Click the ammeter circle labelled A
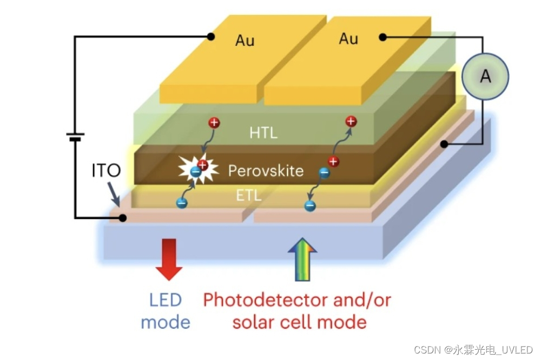[485, 77]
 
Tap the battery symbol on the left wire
[75, 137]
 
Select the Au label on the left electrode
[245, 41]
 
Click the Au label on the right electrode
[348, 38]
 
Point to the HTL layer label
[263, 132]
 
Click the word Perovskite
[266, 171]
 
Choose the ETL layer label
[248, 195]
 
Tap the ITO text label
[105, 171]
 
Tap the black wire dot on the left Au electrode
[211, 37]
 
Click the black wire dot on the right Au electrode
[382, 37]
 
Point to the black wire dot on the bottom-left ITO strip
[123, 218]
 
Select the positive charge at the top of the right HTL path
[351, 121]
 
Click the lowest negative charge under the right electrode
[309, 205]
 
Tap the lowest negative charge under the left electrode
[181, 203]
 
